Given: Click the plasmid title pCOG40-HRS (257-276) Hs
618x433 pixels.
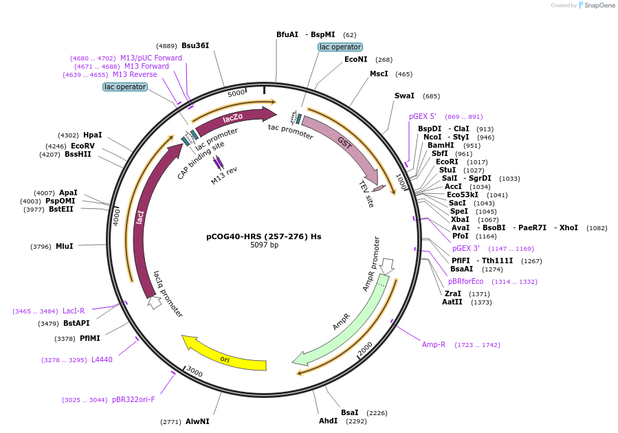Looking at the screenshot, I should [264, 236].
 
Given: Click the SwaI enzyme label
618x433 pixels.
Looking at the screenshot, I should [404, 96].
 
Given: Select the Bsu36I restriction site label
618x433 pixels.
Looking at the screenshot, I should [195, 46].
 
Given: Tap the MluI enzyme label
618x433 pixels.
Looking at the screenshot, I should [64, 246].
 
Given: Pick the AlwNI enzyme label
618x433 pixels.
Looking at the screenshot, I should [197, 421].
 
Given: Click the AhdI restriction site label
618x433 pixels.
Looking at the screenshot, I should [328, 421].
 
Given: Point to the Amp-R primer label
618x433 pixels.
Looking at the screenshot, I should [434, 344].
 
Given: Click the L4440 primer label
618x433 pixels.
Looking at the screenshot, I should [102, 359].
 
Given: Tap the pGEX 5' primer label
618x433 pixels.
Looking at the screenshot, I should [423, 117].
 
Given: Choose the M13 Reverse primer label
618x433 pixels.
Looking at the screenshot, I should [135, 74].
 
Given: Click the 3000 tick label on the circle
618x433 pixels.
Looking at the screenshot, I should [195, 372].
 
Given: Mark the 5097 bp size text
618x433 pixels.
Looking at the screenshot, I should [264, 245].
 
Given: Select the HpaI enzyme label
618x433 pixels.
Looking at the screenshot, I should [92, 135].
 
